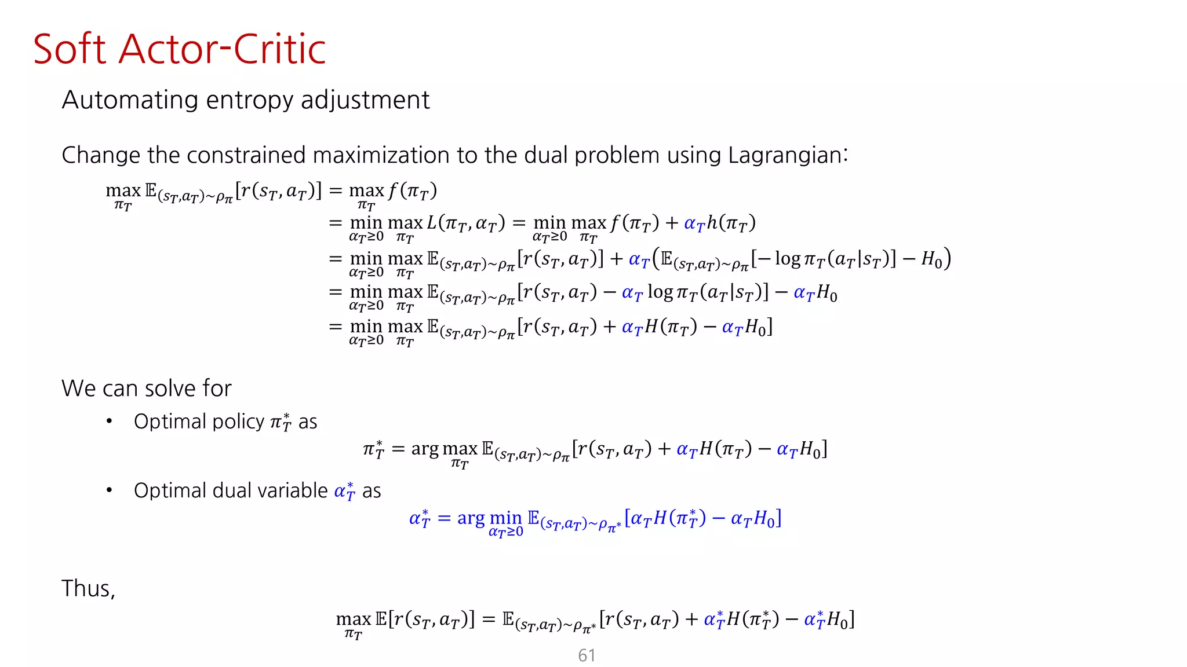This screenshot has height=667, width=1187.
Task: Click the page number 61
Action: (587, 655)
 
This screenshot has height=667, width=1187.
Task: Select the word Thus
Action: (88, 588)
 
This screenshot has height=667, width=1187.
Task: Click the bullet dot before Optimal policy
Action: (109, 421)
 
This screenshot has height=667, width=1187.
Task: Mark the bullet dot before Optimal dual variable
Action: (109, 490)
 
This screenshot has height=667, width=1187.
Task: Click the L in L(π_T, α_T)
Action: (432, 223)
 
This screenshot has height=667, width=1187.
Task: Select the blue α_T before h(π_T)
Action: (694, 224)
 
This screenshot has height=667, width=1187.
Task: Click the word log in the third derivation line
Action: (788, 259)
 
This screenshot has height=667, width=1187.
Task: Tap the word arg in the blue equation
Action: (471, 518)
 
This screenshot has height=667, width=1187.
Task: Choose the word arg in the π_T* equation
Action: (425, 449)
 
